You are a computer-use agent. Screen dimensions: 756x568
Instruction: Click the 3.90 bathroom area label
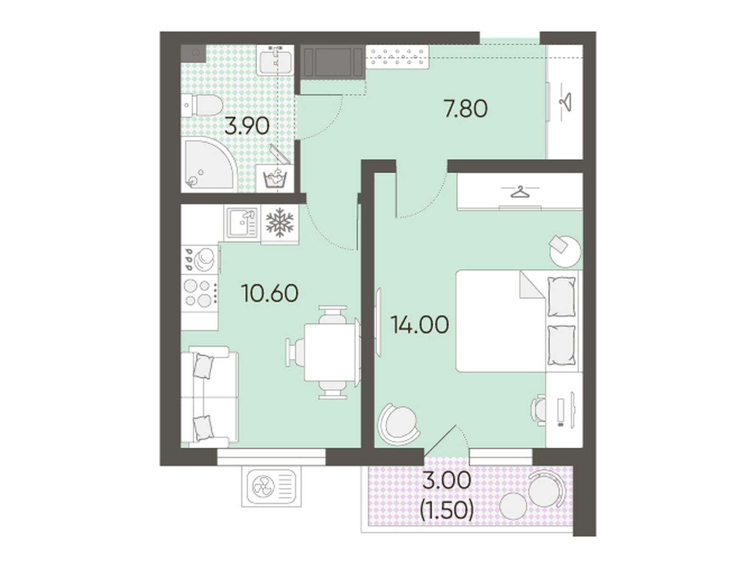[246, 126]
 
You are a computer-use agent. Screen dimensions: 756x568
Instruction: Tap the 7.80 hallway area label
[466, 108]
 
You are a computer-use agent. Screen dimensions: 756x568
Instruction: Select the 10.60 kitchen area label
[270, 293]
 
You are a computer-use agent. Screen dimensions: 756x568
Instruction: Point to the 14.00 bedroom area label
[420, 325]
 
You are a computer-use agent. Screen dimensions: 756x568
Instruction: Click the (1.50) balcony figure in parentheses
[447, 511]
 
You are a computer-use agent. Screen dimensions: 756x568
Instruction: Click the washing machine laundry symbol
[275, 179]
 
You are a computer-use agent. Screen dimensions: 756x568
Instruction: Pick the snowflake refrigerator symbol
[280, 222]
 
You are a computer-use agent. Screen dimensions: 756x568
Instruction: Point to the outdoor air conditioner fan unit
[271, 487]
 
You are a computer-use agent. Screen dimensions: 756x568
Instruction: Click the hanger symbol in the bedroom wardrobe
[519, 192]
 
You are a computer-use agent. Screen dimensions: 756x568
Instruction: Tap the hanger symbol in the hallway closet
[565, 102]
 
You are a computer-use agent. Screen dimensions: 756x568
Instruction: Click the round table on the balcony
[513, 506]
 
